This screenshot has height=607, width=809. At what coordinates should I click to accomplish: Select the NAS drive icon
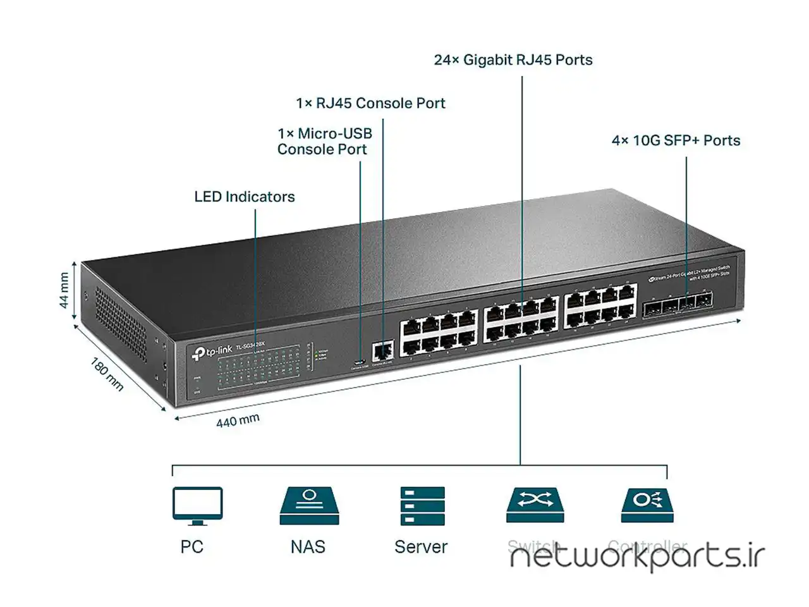(x=309, y=505)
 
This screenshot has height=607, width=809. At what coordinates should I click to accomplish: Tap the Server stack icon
(x=422, y=505)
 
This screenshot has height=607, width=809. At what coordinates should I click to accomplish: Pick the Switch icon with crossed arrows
(x=535, y=505)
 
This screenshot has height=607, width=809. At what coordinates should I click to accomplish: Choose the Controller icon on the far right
(x=647, y=505)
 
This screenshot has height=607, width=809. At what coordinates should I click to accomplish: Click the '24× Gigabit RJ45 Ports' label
(x=513, y=60)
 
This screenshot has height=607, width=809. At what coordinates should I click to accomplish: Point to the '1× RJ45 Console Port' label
(x=370, y=103)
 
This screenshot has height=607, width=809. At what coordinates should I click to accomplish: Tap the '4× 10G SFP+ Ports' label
(x=676, y=140)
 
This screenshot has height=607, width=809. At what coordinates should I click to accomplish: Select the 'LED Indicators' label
(x=244, y=197)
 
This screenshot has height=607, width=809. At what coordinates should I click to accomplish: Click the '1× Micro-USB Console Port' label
(x=324, y=142)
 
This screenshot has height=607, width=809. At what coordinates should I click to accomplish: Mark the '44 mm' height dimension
(x=64, y=290)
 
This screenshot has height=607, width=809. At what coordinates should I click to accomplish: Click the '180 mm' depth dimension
(x=107, y=374)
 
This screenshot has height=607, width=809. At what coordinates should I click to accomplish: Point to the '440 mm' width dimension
(x=238, y=420)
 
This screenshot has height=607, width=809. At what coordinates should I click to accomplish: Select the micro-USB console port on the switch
(x=360, y=362)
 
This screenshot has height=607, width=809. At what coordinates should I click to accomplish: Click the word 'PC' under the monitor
(x=192, y=547)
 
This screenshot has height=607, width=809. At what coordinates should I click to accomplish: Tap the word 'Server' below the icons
(x=420, y=547)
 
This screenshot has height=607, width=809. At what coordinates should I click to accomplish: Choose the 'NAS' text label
(x=308, y=547)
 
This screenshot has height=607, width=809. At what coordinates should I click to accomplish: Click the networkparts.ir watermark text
(x=637, y=557)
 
